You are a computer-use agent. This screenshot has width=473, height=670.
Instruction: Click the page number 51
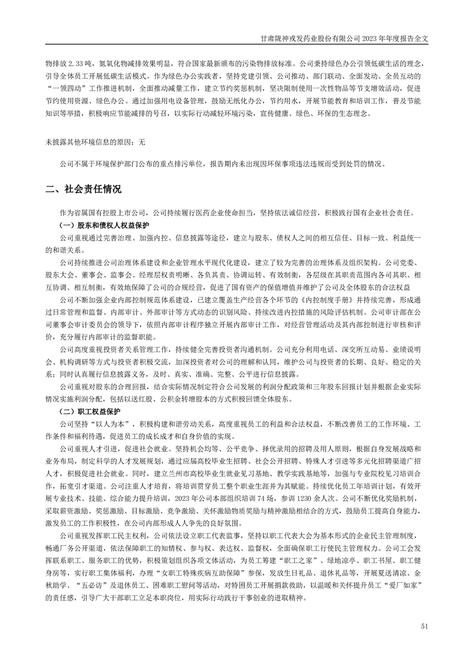coord(424,626)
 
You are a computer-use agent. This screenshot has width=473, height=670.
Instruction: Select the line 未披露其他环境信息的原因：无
coord(95,143)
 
